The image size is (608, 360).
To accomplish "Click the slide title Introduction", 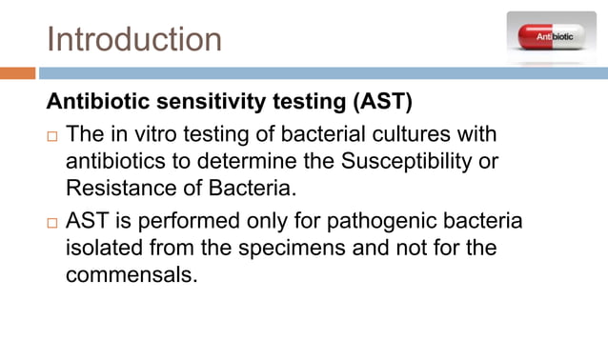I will (134, 40).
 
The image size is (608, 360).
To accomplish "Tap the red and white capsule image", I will (550, 35).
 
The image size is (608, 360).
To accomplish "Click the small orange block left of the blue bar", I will (17, 72).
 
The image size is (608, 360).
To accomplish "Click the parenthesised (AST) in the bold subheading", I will (383, 101).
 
